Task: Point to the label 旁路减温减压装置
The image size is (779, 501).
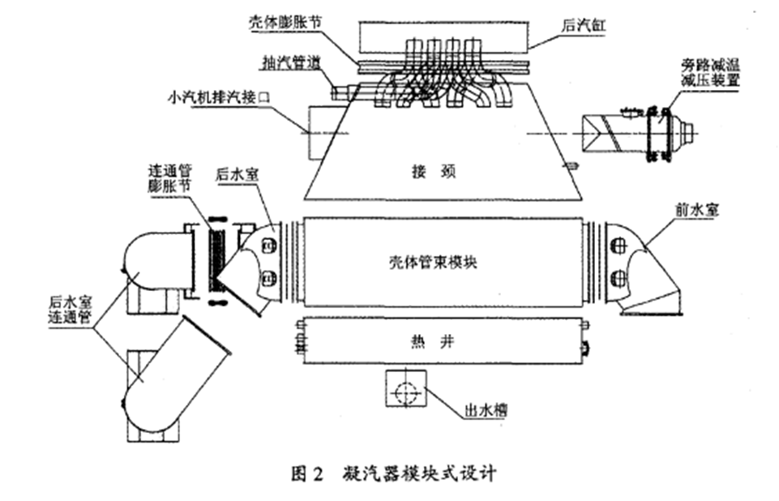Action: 717,73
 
